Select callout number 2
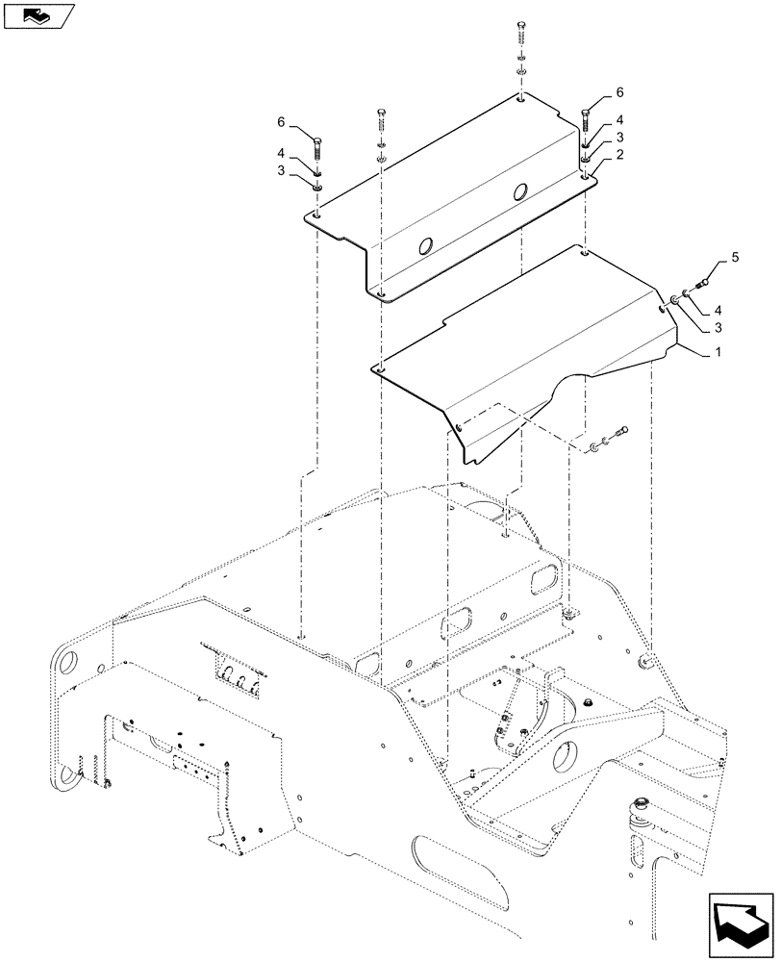click(620, 154)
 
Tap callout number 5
click(735, 258)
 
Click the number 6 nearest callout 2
click(619, 92)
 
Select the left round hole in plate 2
click(422, 247)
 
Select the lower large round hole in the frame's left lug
click(68, 777)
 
